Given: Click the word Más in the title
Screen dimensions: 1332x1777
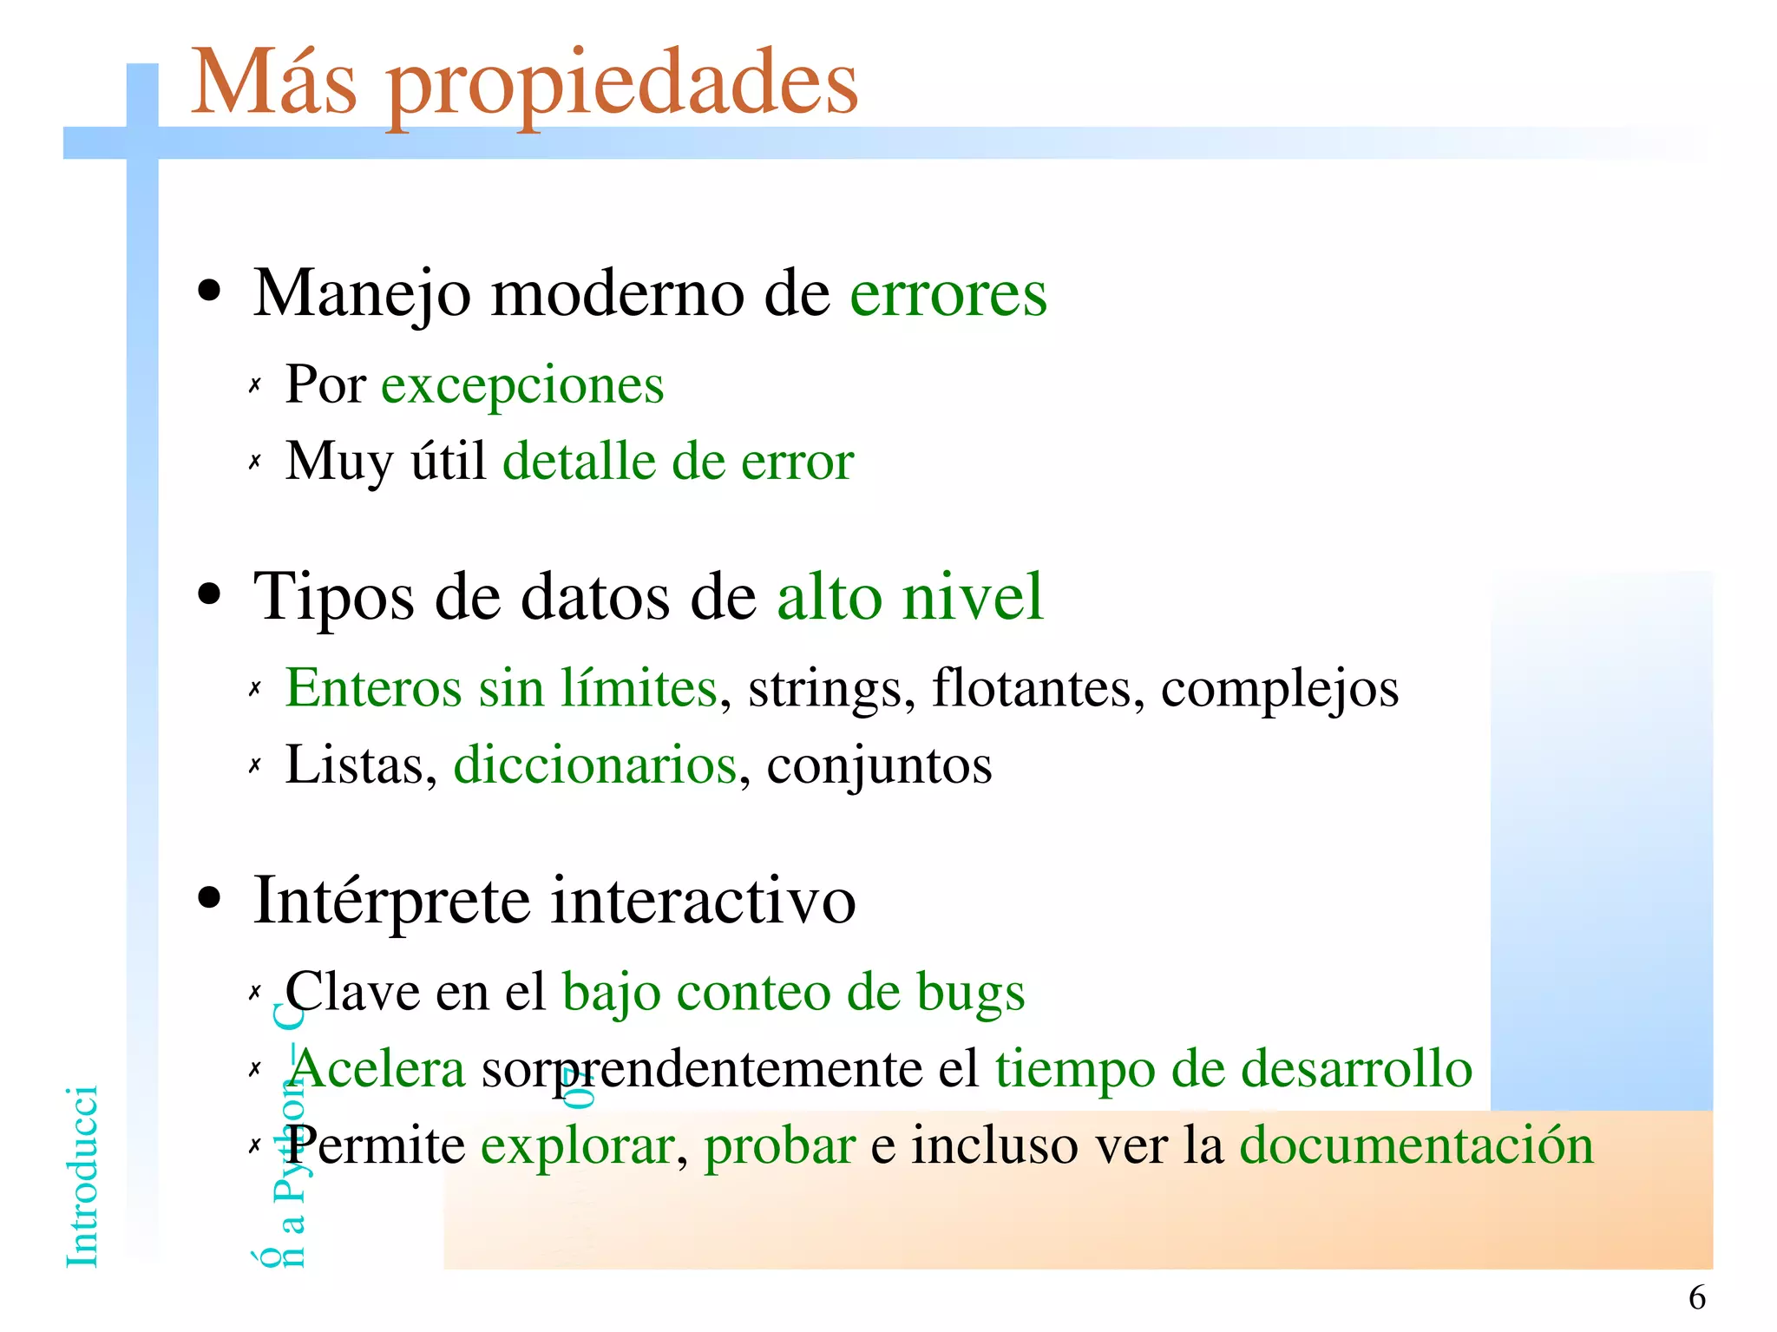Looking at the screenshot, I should coord(273,83).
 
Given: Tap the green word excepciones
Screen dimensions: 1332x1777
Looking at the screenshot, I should coord(522,385).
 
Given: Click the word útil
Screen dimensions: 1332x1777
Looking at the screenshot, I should coord(448,460).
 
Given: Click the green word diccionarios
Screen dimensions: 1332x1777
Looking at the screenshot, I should coord(595,765).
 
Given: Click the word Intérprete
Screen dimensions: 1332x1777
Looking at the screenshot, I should coord(391,901).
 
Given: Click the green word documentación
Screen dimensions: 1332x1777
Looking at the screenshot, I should coord(1416,1145).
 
